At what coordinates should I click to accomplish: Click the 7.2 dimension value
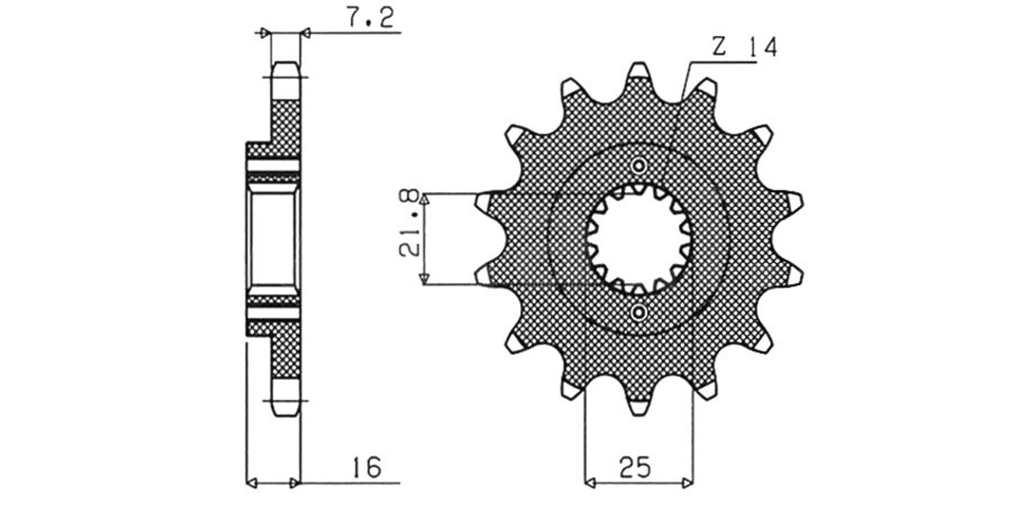pyautogui.click(x=370, y=18)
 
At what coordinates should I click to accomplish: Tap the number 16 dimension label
pyautogui.click(x=367, y=467)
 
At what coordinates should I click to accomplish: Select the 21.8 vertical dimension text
pyautogui.click(x=410, y=224)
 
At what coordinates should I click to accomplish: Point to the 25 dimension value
pyautogui.click(x=635, y=467)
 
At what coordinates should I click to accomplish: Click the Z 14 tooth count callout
pyautogui.click(x=745, y=47)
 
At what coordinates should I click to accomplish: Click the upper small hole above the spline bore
pyautogui.click(x=639, y=166)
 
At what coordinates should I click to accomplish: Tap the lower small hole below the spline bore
pyautogui.click(x=639, y=312)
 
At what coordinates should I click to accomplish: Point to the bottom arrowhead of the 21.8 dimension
pyautogui.click(x=424, y=279)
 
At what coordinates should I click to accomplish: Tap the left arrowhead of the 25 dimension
pyautogui.click(x=590, y=484)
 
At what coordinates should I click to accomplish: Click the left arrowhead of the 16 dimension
pyautogui.click(x=252, y=484)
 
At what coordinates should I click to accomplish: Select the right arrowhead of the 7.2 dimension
pyautogui.click(x=306, y=33)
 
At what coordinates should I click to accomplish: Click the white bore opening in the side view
pyautogui.click(x=274, y=239)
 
